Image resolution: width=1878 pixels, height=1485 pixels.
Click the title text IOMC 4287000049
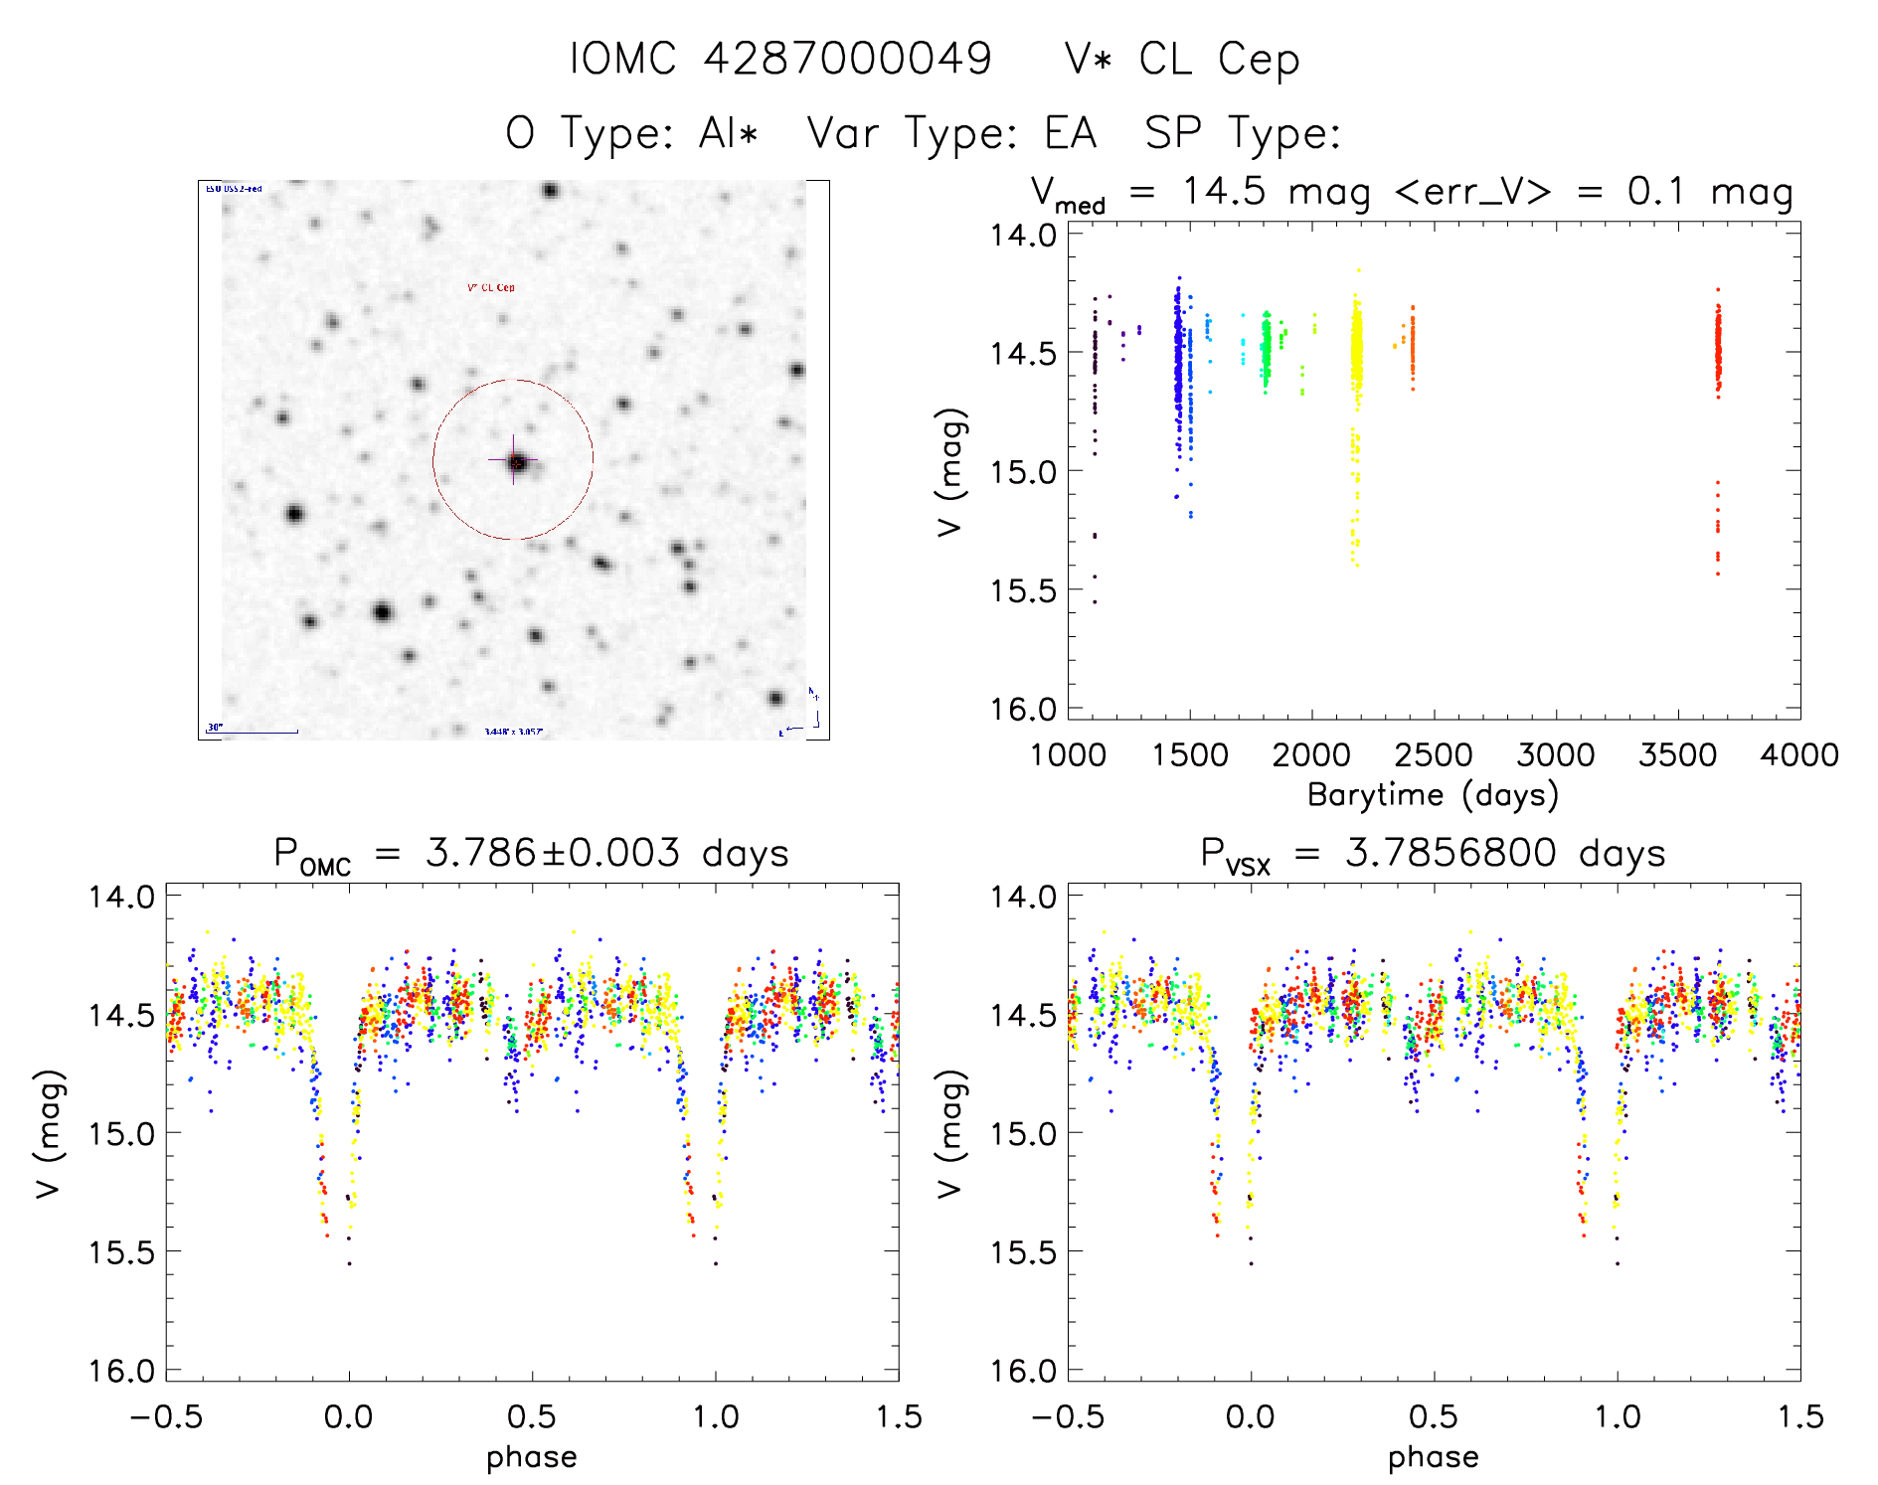[780, 59]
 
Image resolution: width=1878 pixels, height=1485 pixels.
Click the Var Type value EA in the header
[1070, 133]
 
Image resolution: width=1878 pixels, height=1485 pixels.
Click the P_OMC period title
[531, 854]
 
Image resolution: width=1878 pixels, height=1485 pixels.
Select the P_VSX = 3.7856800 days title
[1433, 854]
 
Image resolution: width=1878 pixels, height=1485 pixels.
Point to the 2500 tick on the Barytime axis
[1433, 755]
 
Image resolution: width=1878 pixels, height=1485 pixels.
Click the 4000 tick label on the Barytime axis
[1798, 755]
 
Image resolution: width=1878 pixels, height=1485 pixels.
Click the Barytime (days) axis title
[1433, 795]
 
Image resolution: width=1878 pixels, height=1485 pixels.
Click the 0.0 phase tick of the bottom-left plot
[349, 1417]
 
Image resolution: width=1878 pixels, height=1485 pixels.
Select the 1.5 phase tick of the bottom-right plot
[1798, 1417]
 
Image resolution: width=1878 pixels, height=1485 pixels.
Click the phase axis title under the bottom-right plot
[1433, 1457]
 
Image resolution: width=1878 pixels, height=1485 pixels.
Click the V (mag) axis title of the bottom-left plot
[50, 1133]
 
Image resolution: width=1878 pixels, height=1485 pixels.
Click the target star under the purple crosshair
[515, 461]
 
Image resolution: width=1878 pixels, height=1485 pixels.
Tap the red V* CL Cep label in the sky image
[491, 288]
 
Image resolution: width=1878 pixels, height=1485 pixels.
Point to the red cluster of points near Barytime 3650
[1717, 348]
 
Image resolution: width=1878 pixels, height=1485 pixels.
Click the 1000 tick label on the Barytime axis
[1068, 755]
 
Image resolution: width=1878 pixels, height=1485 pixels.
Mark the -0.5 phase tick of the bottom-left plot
[166, 1417]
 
